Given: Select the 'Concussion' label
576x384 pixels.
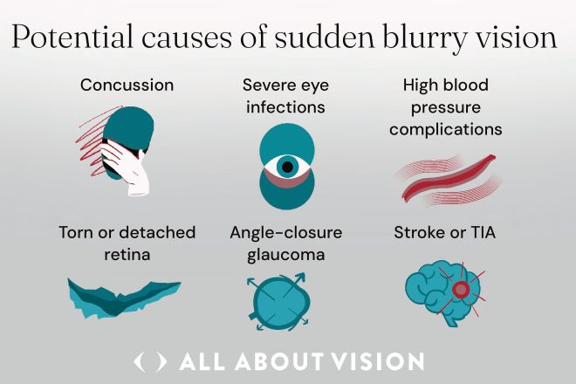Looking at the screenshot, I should (x=127, y=86).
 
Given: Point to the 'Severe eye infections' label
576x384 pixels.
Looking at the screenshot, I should (x=284, y=96).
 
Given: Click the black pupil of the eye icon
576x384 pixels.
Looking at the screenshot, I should (x=285, y=165).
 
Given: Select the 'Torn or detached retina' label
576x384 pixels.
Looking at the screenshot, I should (x=127, y=243).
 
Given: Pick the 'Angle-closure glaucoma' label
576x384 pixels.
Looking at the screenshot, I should (x=285, y=243).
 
